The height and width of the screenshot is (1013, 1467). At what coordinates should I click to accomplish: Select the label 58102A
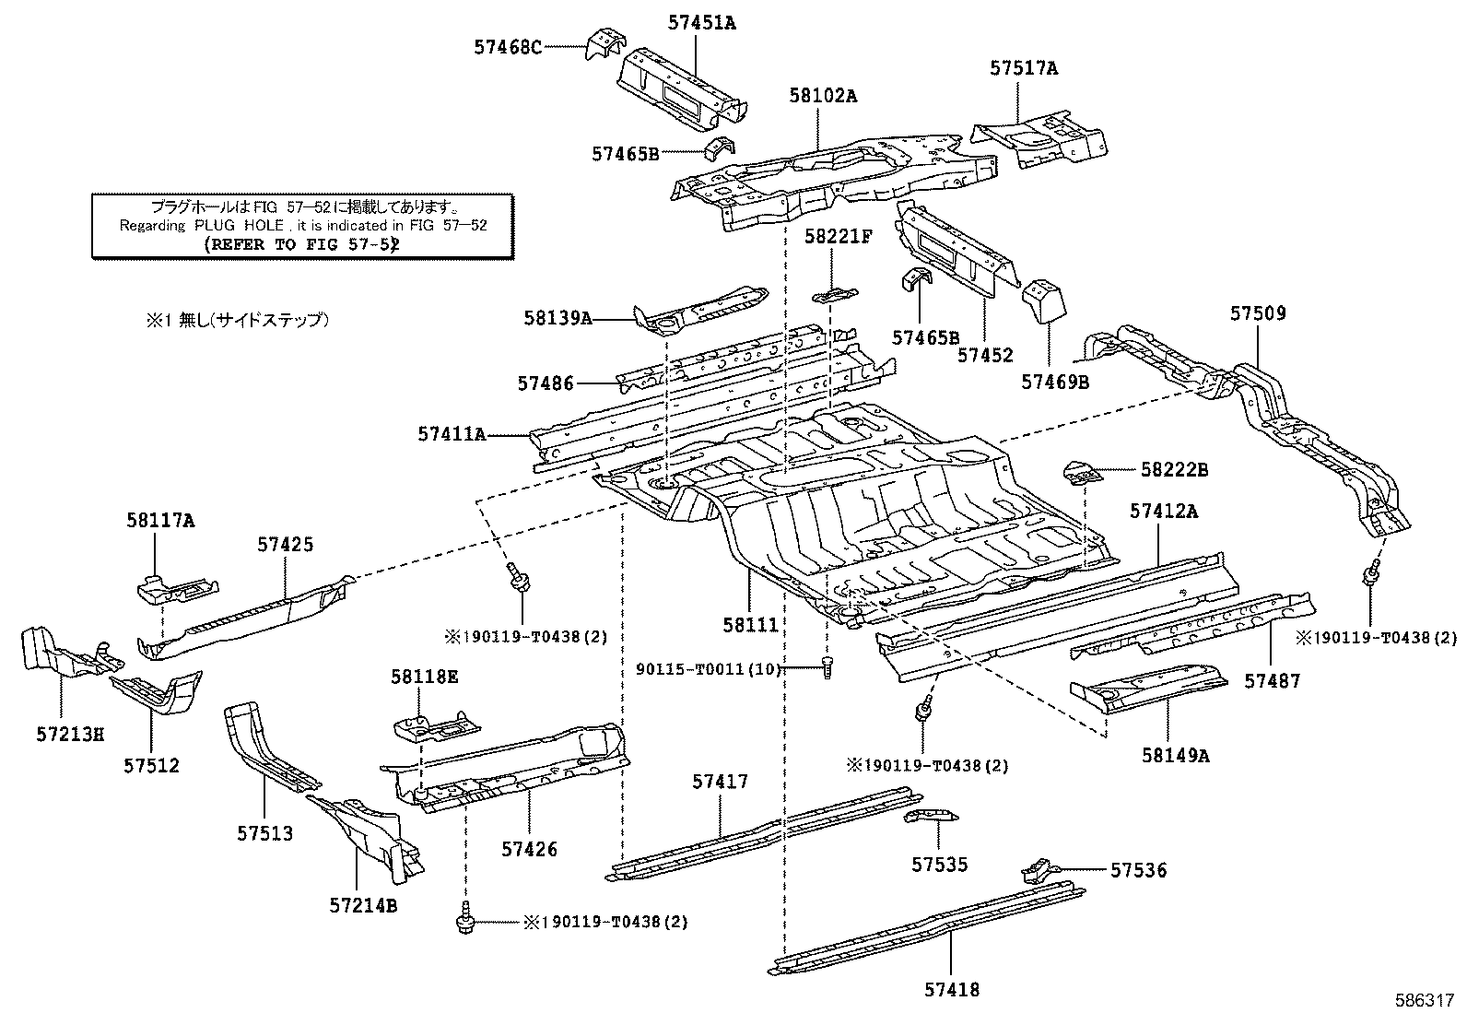pyautogui.click(x=823, y=95)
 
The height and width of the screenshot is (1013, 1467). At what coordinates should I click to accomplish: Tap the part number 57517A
pyautogui.click(x=1024, y=67)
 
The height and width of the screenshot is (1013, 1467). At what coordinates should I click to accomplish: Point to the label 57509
pyautogui.click(x=1258, y=313)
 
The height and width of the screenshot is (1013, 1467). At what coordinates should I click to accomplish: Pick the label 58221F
pyautogui.click(x=838, y=237)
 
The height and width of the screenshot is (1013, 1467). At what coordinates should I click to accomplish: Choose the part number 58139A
pyautogui.click(x=557, y=319)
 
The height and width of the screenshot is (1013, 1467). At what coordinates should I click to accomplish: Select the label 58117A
pyautogui.click(x=160, y=521)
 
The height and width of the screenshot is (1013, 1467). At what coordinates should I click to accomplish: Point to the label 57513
pyautogui.click(x=264, y=833)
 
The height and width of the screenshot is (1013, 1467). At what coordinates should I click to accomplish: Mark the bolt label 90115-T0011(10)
pyautogui.click(x=709, y=669)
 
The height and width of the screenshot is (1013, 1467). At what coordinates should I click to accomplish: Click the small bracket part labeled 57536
pyautogui.click(x=1037, y=869)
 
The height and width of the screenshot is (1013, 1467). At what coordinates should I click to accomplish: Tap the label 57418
pyautogui.click(x=952, y=990)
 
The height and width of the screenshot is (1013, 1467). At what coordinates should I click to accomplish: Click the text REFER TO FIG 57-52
pyautogui.click(x=300, y=245)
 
